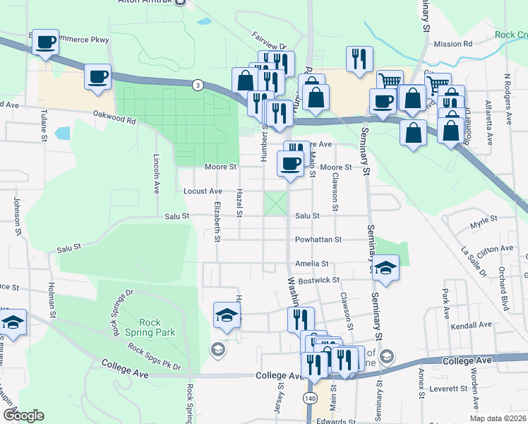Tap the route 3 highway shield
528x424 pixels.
[x=197, y=85]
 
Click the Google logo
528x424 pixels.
[x=23, y=416]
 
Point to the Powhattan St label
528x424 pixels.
[x=318, y=240]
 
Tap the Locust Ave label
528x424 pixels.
[x=203, y=191]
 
